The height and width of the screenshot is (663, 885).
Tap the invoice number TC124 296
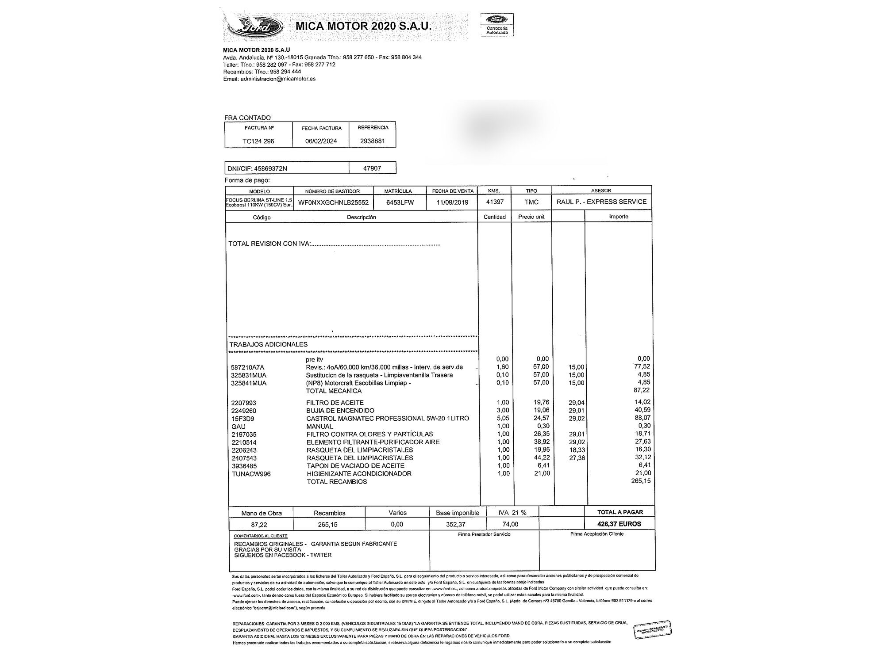pyautogui.click(x=258, y=141)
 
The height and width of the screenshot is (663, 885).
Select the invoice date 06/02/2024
pyautogui.click(x=321, y=141)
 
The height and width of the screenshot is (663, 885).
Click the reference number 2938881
pyautogui.click(x=373, y=141)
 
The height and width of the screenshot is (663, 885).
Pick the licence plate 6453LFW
pyautogui.click(x=399, y=202)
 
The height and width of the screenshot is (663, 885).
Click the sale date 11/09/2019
pyautogui.click(x=452, y=202)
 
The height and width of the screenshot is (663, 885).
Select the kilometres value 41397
pyautogui.click(x=495, y=202)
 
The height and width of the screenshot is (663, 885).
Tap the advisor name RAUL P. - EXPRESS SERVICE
pyautogui.click(x=601, y=202)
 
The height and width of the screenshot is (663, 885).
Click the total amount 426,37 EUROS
pyautogui.click(x=619, y=524)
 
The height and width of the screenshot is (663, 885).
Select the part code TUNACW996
pyautogui.click(x=251, y=474)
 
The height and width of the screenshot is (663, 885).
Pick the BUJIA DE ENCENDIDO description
pyautogui.click(x=340, y=411)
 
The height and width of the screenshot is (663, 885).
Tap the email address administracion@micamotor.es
pyautogui.click(x=278, y=79)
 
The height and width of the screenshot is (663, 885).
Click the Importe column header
pyautogui.click(x=619, y=217)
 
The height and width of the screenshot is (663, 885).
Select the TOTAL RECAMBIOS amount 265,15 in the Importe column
pyautogui.click(x=641, y=481)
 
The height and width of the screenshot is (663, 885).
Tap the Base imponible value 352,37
pyautogui.click(x=457, y=524)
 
